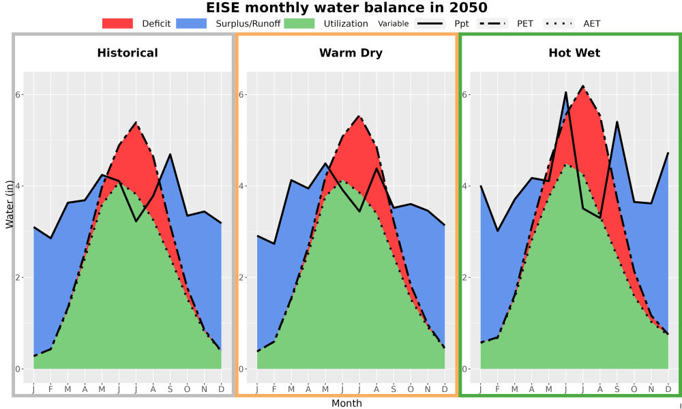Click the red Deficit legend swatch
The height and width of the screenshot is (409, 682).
coord(117,23)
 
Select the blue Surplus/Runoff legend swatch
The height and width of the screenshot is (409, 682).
coord(192,23)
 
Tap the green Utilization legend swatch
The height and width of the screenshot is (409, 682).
coord(299,23)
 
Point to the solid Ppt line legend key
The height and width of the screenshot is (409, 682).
coord(430,23)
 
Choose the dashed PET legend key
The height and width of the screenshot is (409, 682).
coord(492,23)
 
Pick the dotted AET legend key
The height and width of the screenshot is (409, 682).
coord(559,23)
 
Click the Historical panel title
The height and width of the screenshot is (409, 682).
coord(128,53)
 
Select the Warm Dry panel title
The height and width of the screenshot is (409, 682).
coord(351,53)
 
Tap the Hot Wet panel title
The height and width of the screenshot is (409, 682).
coord(574,53)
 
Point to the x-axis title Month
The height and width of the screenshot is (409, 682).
coord(346,404)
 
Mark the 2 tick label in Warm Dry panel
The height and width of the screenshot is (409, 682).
coord(242,277)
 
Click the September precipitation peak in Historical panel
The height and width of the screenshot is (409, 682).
coord(170,154)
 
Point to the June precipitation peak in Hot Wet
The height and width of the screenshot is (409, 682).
coord(566,92)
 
